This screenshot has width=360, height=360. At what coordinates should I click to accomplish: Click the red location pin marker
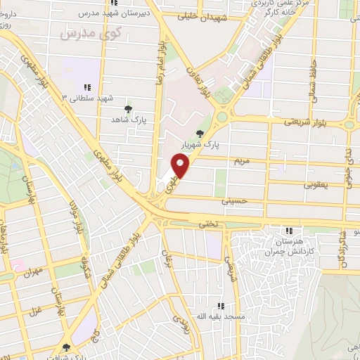tap(181, 165)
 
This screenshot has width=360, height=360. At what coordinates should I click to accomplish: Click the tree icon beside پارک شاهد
tap(127, 109)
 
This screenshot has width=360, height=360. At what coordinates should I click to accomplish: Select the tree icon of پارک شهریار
tap(201, 134)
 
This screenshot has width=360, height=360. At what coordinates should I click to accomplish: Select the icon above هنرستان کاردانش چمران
tap(288, 231)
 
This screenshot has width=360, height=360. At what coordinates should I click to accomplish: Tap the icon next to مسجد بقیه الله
tap(221, 306)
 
